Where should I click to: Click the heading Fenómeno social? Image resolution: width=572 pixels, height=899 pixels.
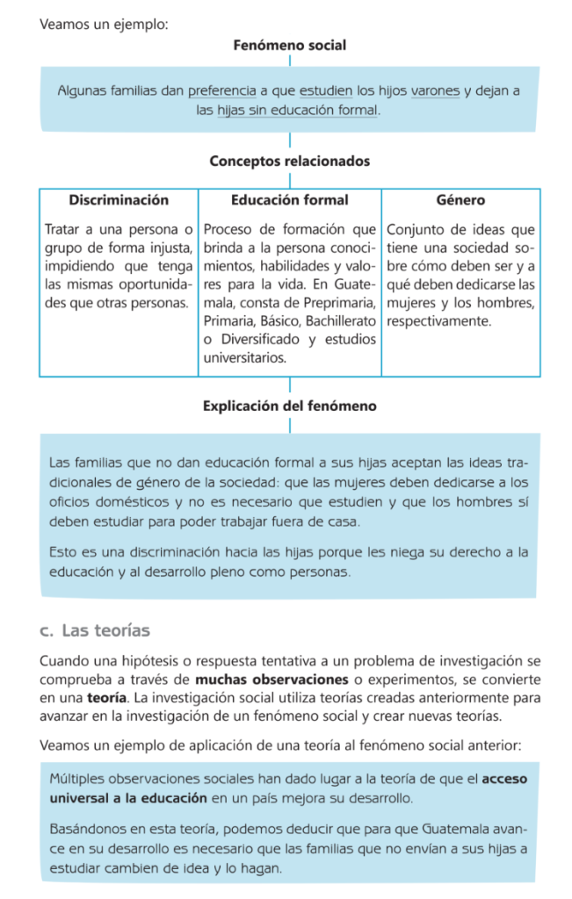click(289, 44)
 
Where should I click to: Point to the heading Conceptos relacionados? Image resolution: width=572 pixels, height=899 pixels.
click(289, 162)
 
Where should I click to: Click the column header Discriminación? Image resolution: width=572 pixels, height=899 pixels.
click(119, 200)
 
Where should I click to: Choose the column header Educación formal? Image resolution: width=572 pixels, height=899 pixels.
click(289, 200)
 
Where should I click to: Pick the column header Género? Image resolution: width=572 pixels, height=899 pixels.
click(460, 200)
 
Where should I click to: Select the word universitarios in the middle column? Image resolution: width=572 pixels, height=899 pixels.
click(244, 358)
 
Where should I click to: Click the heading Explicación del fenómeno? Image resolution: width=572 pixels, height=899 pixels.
click(289, 406)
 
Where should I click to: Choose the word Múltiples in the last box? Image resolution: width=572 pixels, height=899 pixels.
click(78, 779)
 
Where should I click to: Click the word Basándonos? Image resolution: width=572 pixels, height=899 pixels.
click(88, 829)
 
